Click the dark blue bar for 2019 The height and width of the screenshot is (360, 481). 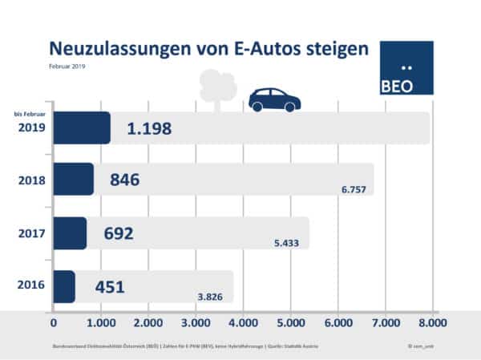pos(82,128)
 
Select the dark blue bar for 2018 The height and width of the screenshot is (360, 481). pos(74,180)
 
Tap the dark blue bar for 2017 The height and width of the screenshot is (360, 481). pos(70,233)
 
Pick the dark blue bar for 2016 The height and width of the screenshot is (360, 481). pos(64,286)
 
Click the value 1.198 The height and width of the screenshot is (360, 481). pos(150,128)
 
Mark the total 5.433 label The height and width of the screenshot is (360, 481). pos(290,245)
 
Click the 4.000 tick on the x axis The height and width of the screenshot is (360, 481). pos(243,323)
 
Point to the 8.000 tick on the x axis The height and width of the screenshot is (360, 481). pos(431,323)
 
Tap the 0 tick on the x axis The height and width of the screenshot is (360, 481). pos(54,323)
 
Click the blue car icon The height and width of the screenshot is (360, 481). pos(274,100)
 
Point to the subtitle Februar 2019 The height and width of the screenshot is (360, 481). pos(67,67)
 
